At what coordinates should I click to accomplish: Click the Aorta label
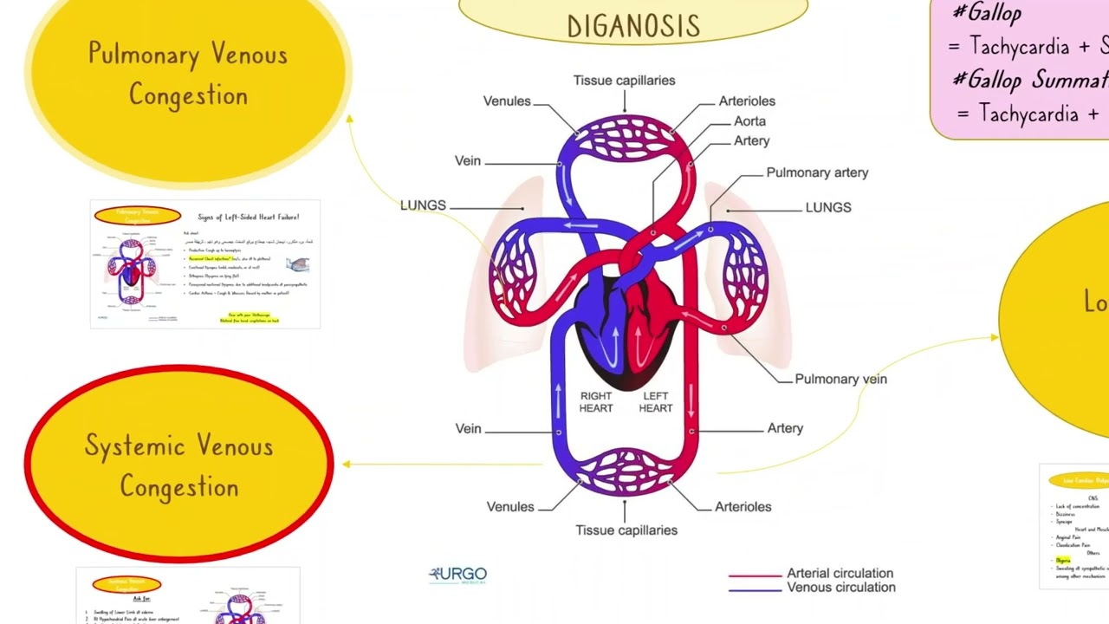[x=749, y=121]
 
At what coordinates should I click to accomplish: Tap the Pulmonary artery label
[x=817, y=172]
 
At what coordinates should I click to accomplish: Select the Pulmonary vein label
[x=840, y=379]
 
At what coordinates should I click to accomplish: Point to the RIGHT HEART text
[x=596, y=402]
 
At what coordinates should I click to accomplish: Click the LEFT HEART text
[x=656, y=402]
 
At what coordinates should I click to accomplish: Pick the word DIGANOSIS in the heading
[x=633, y=26]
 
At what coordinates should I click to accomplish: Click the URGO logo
[x=458, y=575]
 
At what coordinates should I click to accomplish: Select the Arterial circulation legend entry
[x=839, y=573]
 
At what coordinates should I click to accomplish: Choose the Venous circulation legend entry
[x=840, y=588]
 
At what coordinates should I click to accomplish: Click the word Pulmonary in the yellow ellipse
[x=144, y=55]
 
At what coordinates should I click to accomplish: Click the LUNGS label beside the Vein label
[x=423, y=205]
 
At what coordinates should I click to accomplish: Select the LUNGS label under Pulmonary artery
[x=828, y=208]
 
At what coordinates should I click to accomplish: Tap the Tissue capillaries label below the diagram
[x=626, y=530]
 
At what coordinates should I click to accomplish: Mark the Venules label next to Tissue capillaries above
[x=507, y=101]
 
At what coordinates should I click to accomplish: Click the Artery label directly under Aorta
[x=751, y=140]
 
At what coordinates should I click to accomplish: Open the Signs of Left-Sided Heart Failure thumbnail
[x=205, y=264]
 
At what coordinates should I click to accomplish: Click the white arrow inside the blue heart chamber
[x=615, y=342]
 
